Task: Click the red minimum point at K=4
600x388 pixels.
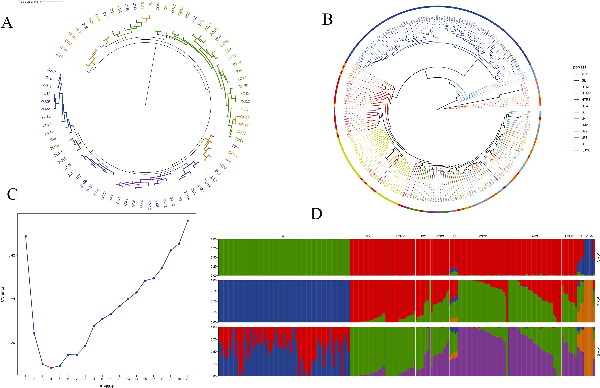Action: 51,368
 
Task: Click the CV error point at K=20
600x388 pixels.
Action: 187,221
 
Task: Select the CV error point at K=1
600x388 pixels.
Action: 25,236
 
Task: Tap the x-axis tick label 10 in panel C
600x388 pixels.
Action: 102,379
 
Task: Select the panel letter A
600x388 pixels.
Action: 7,23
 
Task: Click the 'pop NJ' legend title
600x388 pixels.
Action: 579,67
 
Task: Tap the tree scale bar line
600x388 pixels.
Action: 52,2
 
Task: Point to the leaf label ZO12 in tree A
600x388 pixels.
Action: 245,101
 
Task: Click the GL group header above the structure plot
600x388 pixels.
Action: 284,236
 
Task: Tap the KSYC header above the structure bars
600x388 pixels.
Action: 483,236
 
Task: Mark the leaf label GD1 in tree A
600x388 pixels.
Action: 150,6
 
